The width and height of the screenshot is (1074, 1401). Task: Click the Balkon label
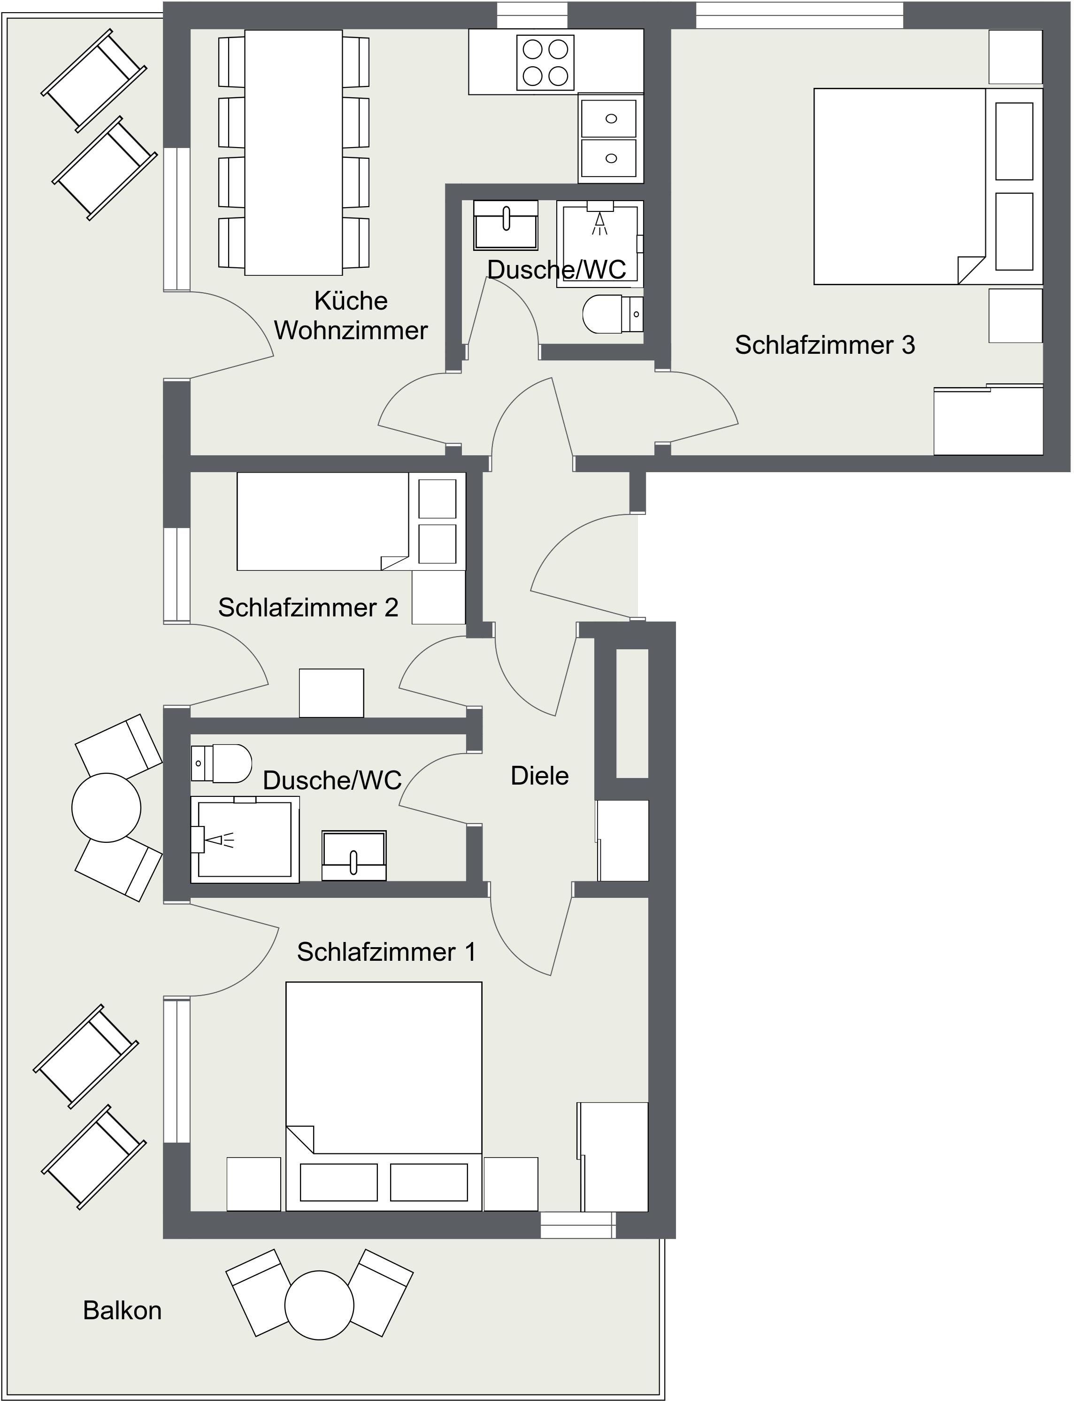coord(122,1311)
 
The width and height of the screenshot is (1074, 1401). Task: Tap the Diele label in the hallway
coord(539,776)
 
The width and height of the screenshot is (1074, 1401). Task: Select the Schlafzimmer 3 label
coord(825,345)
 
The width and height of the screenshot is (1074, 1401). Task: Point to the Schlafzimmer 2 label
coord(308,607)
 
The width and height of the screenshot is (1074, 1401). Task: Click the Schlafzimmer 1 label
coord(387,952)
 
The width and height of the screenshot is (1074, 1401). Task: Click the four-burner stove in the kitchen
coord(545,62)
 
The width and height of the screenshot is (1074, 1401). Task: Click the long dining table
coord(293,152)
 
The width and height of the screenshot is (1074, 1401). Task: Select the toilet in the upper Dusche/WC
coord(613,313)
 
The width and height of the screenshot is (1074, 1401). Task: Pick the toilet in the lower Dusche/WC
coord(221,763)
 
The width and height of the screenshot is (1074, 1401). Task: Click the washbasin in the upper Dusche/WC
coord(506,225)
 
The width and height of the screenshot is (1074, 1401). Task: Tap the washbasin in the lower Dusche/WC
coord(354,856)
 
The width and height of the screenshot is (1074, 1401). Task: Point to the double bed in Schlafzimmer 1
coord(384,1097)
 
